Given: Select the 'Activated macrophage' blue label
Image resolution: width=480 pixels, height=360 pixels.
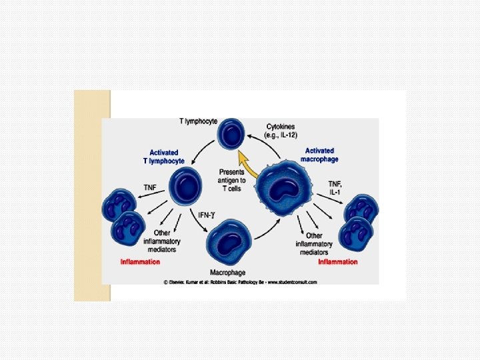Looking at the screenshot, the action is (x=320, y=155).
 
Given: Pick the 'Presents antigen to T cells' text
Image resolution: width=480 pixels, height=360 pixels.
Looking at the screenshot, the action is (x=232, y=180).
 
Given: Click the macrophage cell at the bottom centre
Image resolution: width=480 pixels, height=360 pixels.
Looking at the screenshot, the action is (x=228, y=243).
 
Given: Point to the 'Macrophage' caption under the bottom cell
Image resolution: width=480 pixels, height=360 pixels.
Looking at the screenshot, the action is (x=228, y=272).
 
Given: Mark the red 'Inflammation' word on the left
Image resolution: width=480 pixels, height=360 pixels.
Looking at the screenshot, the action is (x=140, y=262).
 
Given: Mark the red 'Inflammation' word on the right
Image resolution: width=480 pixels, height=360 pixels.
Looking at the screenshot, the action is (x=337, y=261).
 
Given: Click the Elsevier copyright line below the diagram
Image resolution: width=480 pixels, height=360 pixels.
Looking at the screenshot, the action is (x=240, y=282).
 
